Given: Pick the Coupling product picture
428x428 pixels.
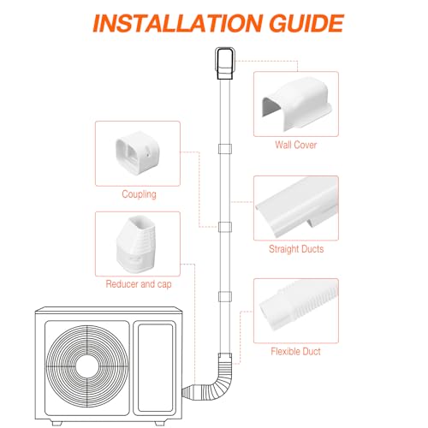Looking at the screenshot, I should click(138, 153).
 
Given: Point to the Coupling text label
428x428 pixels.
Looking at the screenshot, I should click(139, 194).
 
